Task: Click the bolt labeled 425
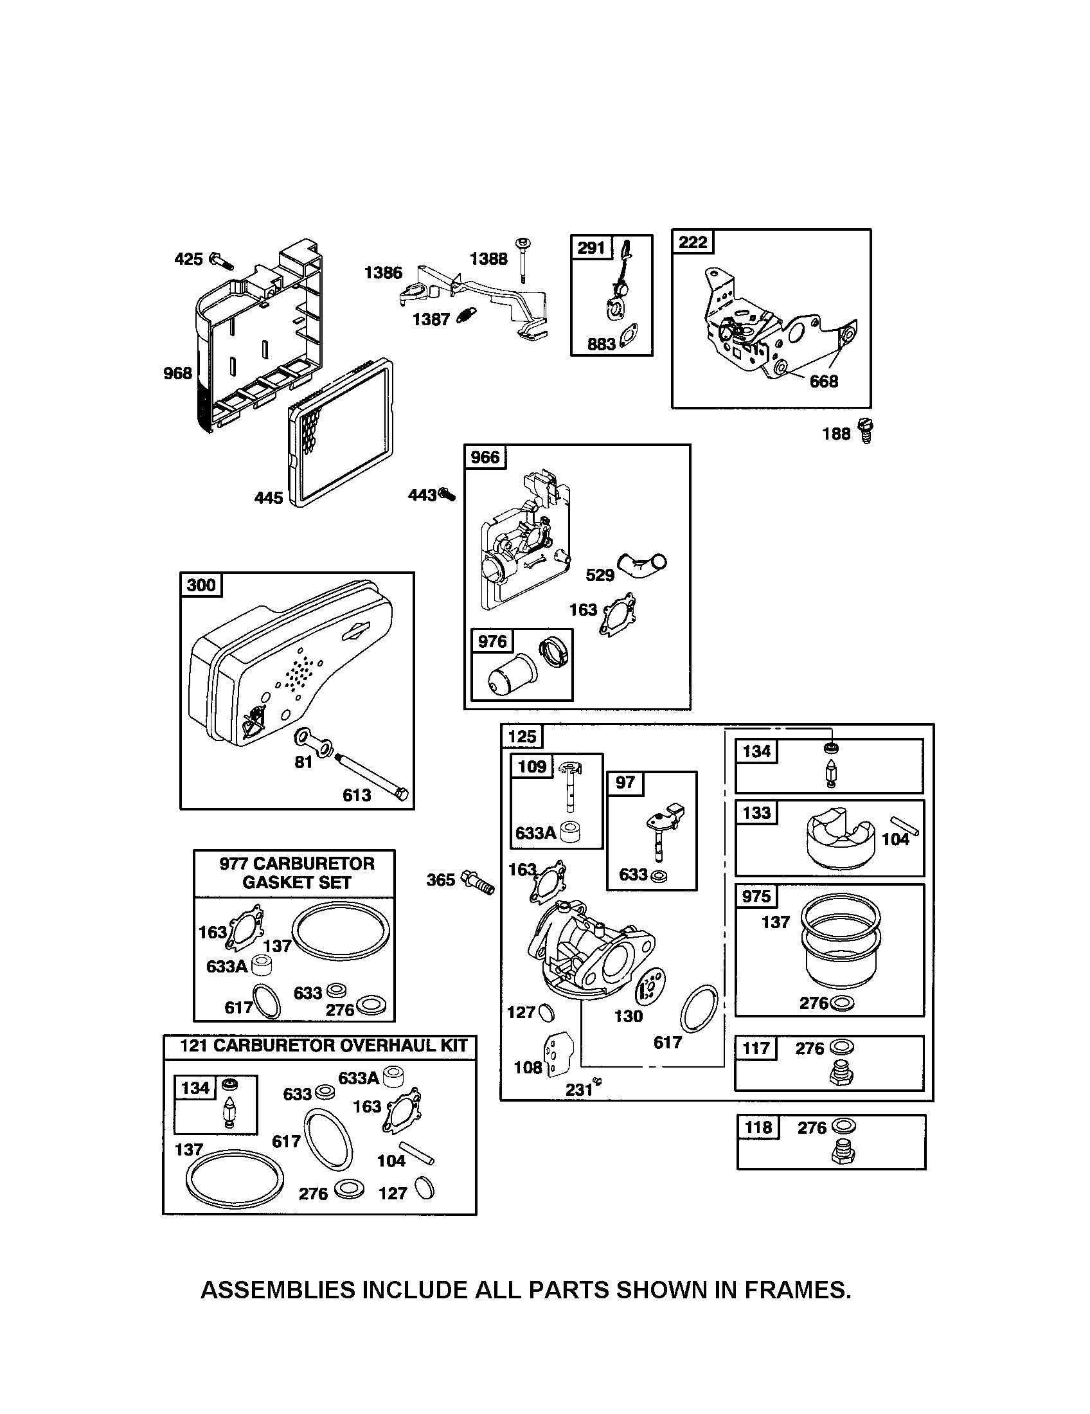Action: tap(220, 261)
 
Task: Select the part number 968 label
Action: tap(178, 373)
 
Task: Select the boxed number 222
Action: tap(693, 242)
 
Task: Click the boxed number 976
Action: tap(492, 641)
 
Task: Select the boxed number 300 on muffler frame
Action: tap(201, 586)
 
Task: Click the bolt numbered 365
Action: tap(478, 882)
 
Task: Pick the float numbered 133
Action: tap(838, 840)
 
